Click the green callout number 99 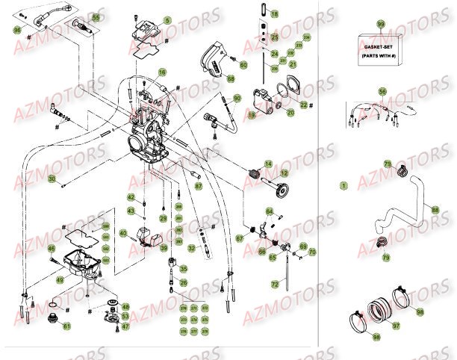coord(381,25)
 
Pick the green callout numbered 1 coord(343,184)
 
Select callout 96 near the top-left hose coord(17,29)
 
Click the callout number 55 coord(96,16)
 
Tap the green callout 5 coord(167,20)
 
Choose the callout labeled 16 coord(162,73)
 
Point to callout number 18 coord(273,14)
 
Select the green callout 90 coord(237,98)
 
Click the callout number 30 coord(52,179)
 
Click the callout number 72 coord(275,285)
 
